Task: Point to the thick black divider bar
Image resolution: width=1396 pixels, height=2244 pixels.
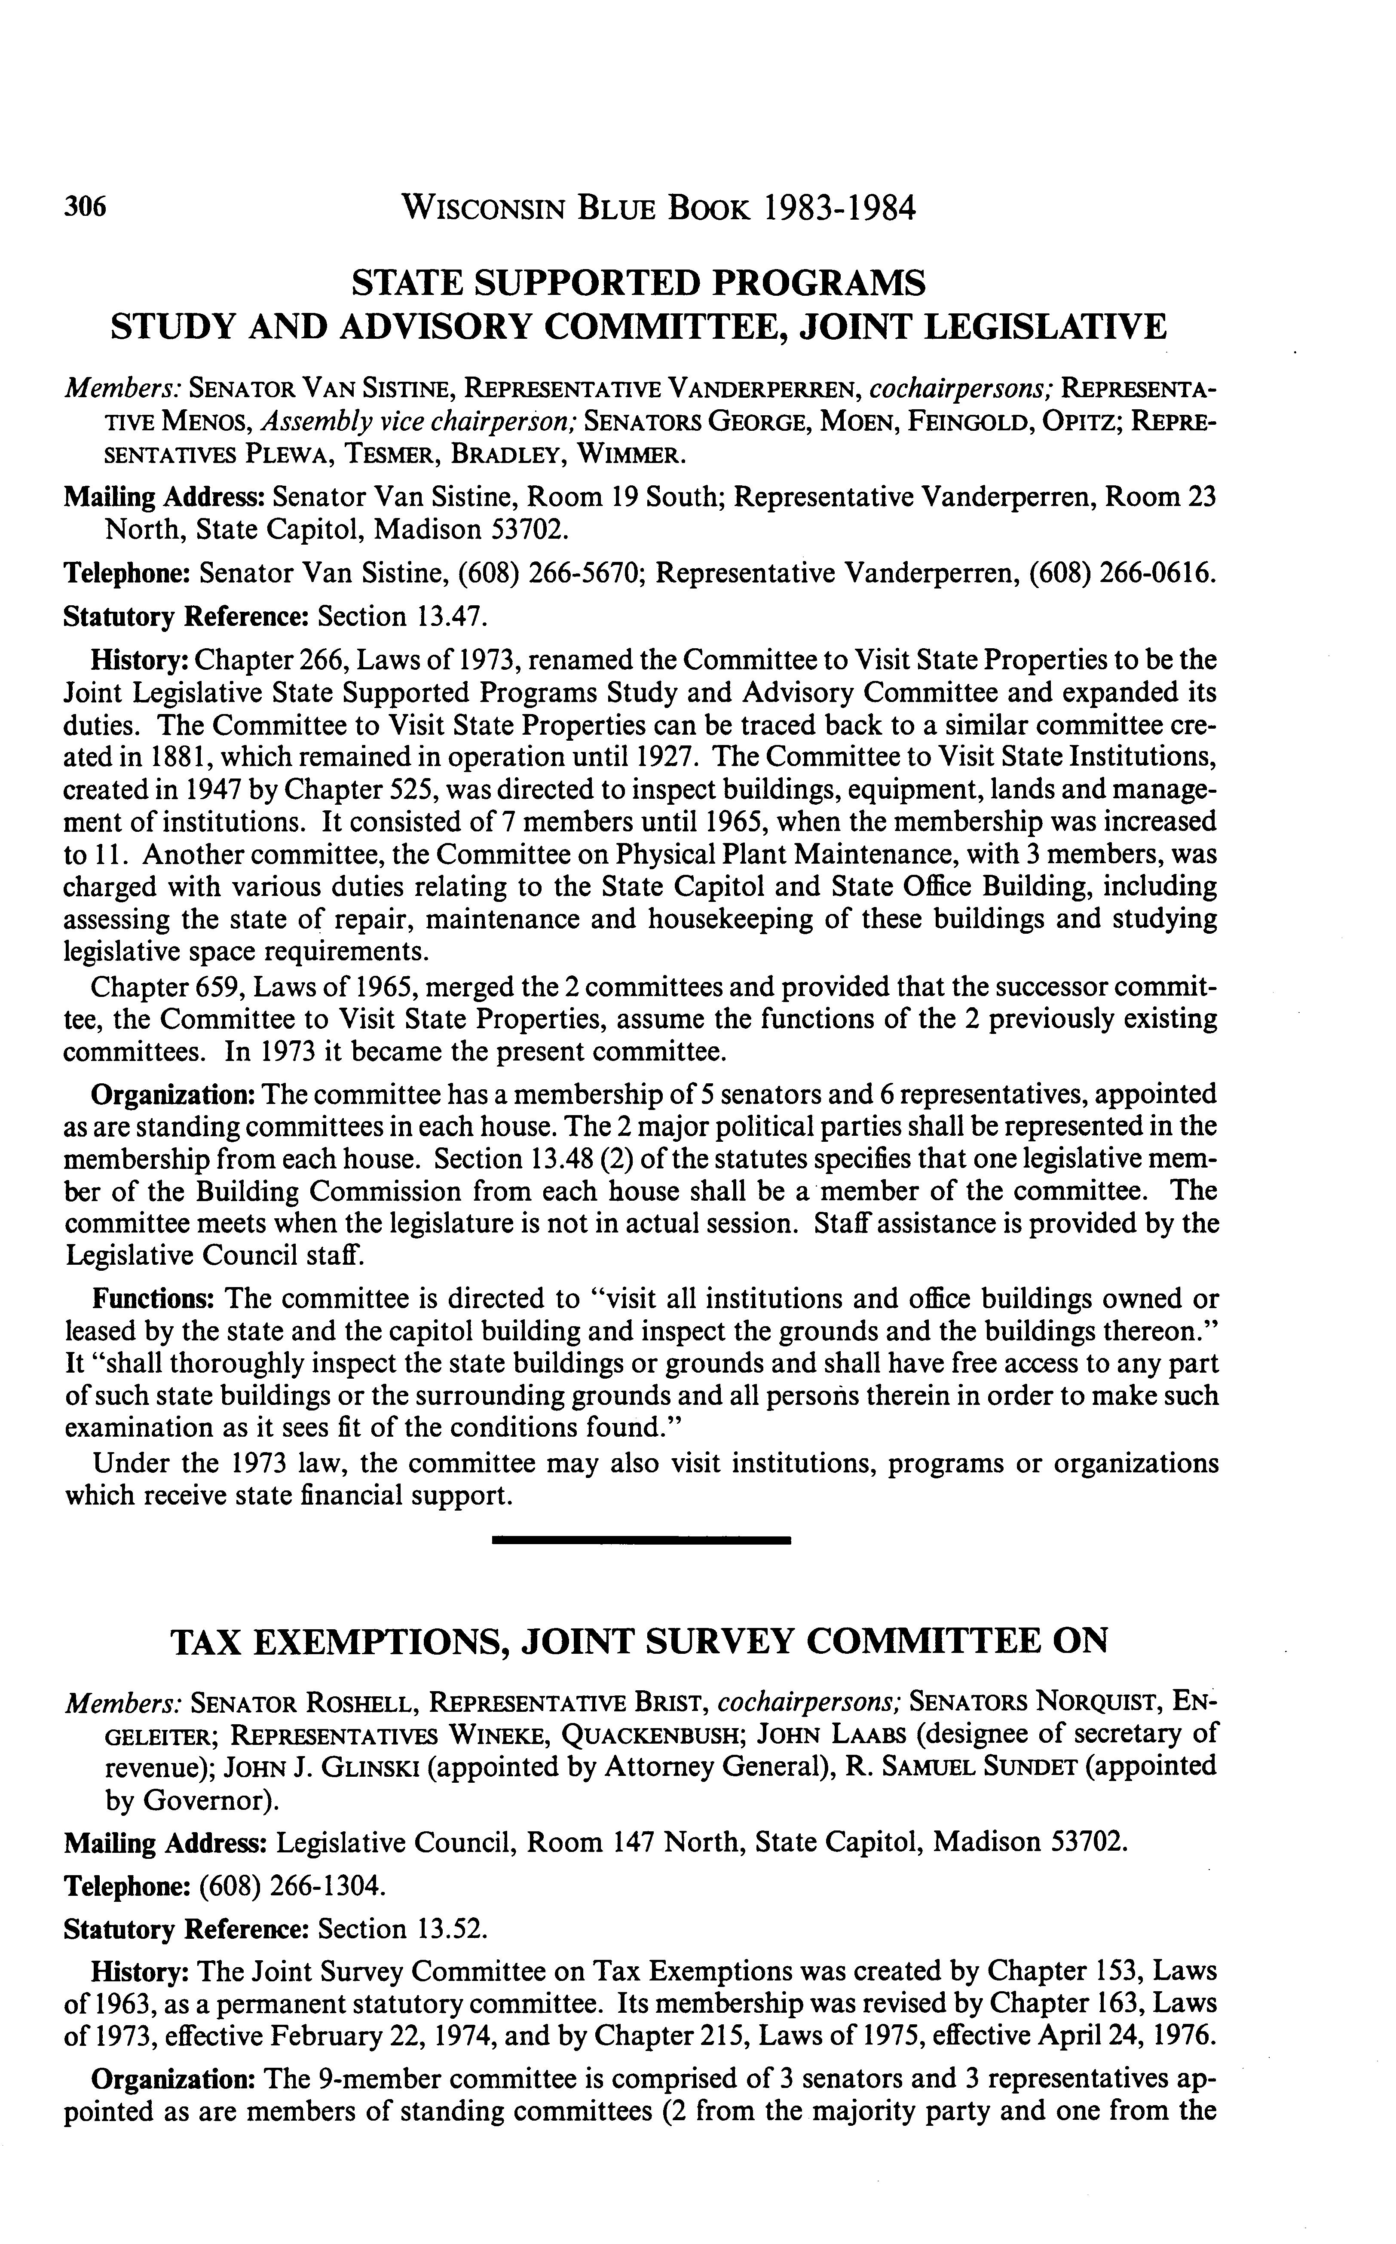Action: click(642, 1539)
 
